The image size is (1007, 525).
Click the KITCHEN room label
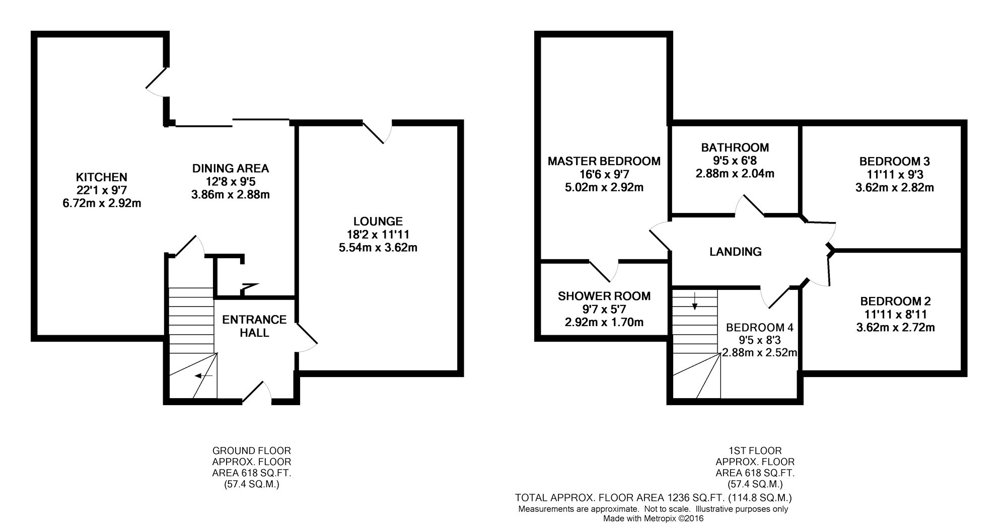point(101,177)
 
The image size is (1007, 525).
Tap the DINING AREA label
point(231,168)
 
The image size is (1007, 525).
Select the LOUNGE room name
point(378,221)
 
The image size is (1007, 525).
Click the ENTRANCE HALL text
point(254,326)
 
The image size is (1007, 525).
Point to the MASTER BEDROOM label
point(604,161)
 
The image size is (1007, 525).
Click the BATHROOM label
point(735,147)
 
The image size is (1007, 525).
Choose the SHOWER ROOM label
point(604,296)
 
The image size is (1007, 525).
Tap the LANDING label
point(735,252)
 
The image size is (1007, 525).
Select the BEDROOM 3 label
point(894,162)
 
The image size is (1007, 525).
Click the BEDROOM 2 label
point(895,302)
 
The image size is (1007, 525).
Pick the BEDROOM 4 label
point(759,328)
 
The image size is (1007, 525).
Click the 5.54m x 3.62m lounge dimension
point(378,248)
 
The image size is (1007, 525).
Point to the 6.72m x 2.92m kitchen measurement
point(101,203)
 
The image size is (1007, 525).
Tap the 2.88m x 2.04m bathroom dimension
point(735,174)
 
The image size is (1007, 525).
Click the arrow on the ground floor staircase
point(203,376)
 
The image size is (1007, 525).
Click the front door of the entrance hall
point(257,393)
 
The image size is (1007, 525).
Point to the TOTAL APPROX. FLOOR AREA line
point(653,498)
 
